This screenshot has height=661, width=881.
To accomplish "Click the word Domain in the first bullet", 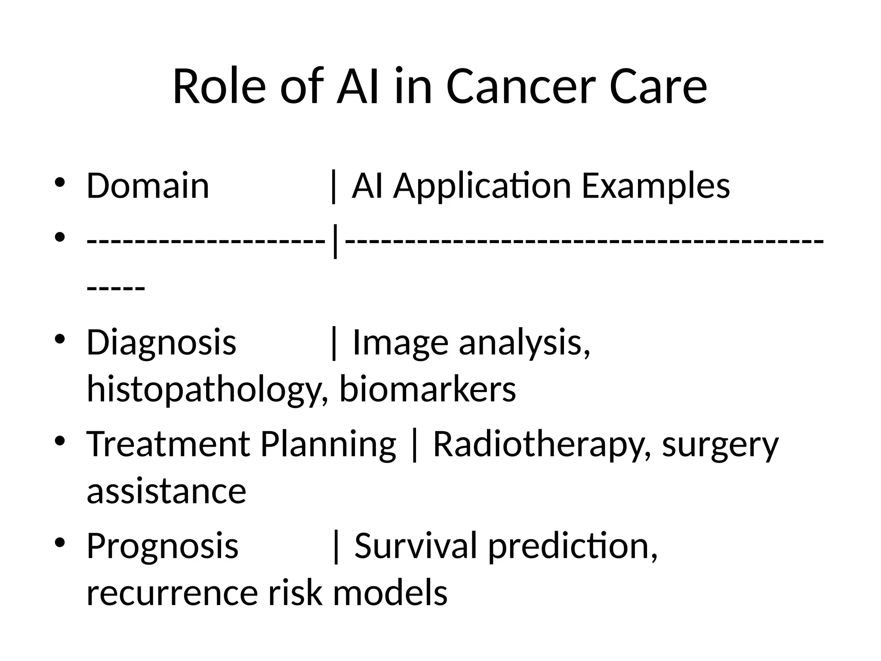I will point(148,185).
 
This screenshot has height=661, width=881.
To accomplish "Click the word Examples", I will point(656,186).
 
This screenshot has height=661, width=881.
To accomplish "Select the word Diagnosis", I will point(161,343).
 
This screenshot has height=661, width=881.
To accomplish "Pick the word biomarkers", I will point(428,389).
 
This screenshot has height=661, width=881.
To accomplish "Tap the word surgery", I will point(721,446).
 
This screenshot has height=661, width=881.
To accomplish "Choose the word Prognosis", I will point(162,546).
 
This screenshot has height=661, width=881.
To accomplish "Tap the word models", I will point(390,593).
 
